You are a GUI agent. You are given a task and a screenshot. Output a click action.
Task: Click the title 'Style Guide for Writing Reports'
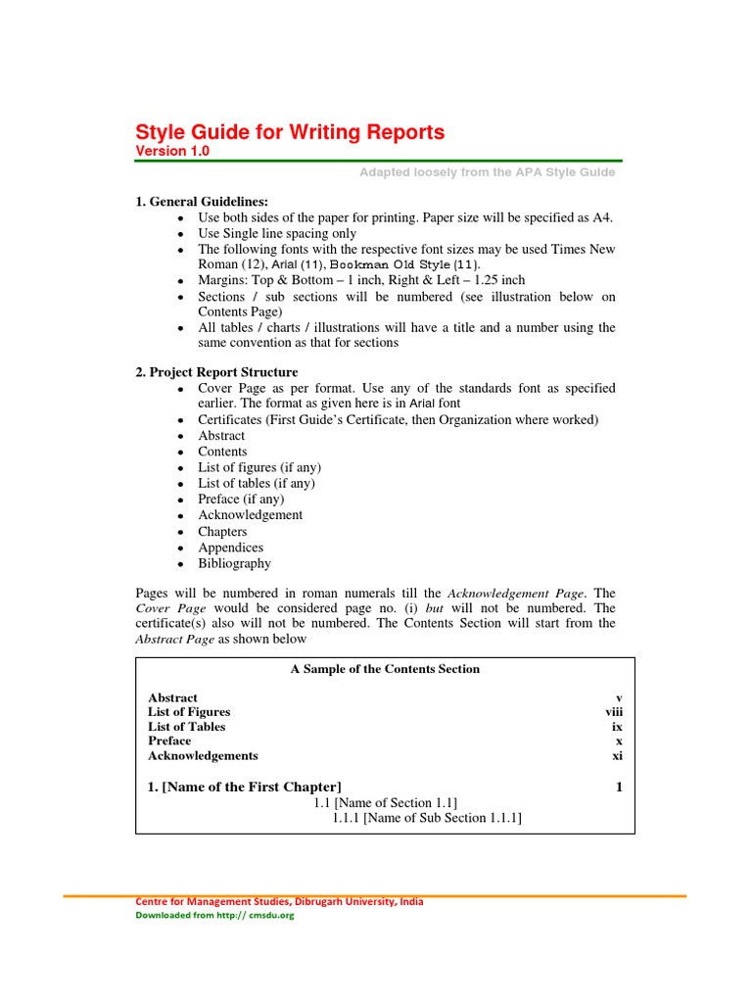[x=289, y=132]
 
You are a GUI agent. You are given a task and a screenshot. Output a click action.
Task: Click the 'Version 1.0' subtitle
[x=171, y=152]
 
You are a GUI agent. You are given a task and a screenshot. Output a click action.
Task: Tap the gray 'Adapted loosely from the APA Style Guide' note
[x=488, y=172]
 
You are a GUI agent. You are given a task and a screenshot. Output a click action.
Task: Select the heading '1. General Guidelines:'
[x=201, y=201]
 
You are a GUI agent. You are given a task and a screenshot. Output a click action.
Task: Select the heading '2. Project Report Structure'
[x=216, y=372]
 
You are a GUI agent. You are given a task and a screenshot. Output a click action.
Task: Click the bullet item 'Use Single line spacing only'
[x=277, y=233]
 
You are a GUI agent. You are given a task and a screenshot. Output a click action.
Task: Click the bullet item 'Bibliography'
[x=234, y=563]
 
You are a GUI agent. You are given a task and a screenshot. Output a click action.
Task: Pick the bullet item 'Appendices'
[x=230, y=548]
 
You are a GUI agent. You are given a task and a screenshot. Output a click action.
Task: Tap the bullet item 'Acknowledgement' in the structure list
[x=250, y=515]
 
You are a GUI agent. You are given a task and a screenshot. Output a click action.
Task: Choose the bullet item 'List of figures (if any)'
[x=258, y=467]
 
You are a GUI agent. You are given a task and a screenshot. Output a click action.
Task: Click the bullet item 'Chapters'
[x=222, y=532]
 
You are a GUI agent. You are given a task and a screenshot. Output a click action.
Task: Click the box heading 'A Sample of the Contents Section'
[x=385, y=669]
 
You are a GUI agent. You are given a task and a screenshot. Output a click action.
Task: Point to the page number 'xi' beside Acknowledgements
[x=617, y=756]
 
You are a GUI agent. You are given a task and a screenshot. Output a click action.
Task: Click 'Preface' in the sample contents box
[x=169, y=741]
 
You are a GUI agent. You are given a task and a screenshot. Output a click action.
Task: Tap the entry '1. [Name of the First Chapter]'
[x=245, y=788]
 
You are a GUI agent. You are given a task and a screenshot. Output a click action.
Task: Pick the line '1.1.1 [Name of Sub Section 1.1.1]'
[x=427, y=818]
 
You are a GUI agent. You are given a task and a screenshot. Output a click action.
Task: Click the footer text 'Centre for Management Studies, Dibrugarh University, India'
[x=279, y=902]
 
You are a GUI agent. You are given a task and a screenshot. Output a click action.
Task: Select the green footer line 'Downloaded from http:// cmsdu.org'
[x=214, y=916]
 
